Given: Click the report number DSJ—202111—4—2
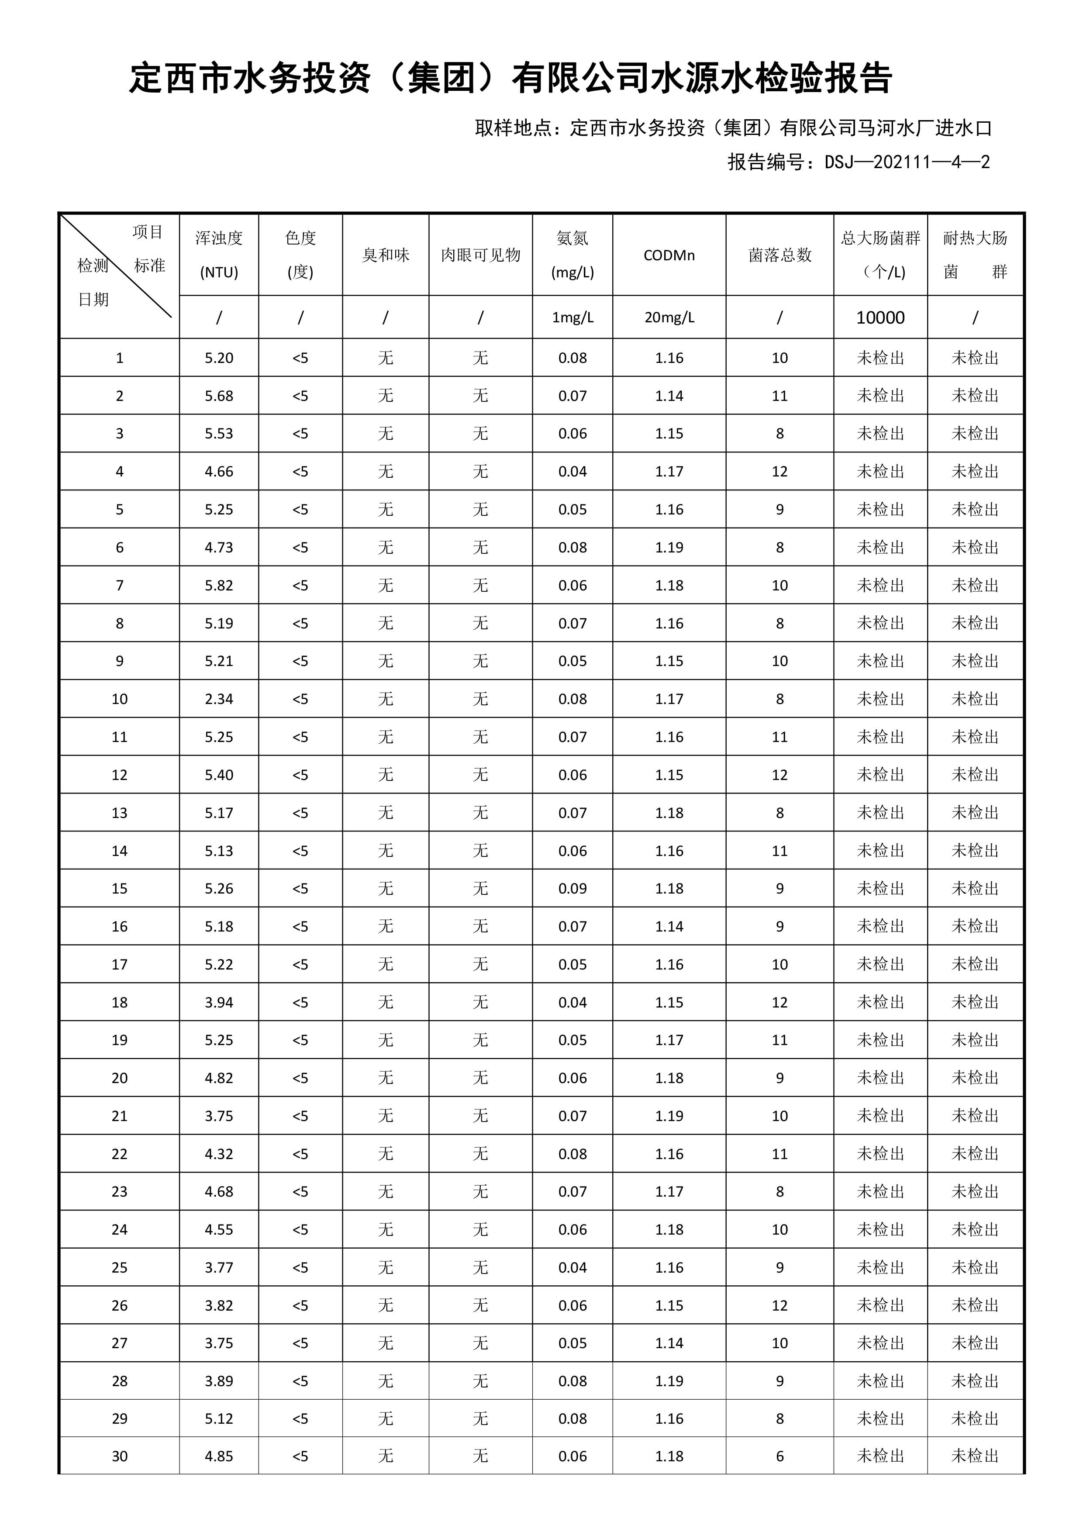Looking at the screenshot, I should [907, 162].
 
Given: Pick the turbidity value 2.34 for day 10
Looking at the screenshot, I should [219, 699].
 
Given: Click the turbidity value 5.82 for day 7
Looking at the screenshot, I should [219, 585].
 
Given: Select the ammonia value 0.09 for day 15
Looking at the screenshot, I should [572, 888].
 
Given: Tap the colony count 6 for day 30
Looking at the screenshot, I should [779, 1456].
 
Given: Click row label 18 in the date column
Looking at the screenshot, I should [120, 1002].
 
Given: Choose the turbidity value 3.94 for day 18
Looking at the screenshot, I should [219, 1002].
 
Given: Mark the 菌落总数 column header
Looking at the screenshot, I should [779, 255].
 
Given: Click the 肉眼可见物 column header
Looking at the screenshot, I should [480, 255].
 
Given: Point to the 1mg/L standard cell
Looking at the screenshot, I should [572, 317].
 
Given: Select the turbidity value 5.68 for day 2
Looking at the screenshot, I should [219, 396].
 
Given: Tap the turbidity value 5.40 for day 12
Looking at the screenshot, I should [219, 775].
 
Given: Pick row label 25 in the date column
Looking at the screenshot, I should [120, 1267].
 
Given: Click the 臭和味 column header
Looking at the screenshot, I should [385, 255].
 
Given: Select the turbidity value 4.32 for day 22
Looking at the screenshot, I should [219, 1154].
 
